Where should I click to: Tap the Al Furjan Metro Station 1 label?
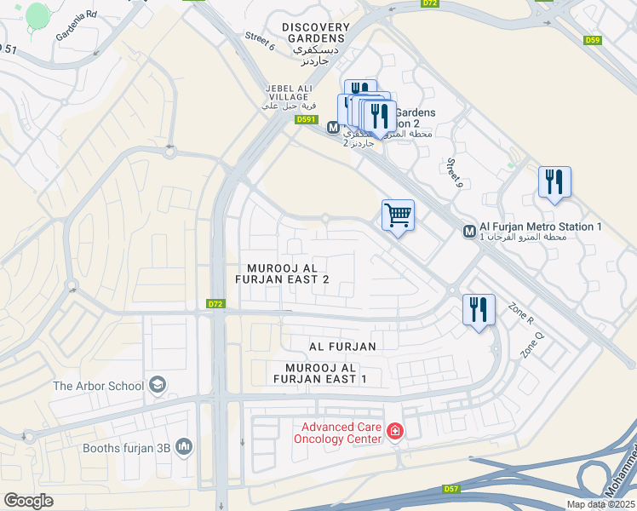pyautogui.click(x=541, y=227)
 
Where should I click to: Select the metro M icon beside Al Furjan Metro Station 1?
pyautogui.click(x=469, y=232)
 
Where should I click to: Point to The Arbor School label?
pyautogui.click(x=98, y=386)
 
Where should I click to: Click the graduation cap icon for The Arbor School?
pyautogui.click(x=158, y=386)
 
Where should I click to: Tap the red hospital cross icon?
pyautogui.click(x=394, y=433)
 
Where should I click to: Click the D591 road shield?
pyautogui.click(x=307, y=120)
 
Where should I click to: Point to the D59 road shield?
pyautogui.click(x=594, y=40)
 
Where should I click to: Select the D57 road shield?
pyautogui.click(x=451, y=489)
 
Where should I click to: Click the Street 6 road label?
pyautogui.click(x=260, y=41)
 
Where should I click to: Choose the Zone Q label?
pyautogui.click(x=532, y=343)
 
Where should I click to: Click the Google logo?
pyautogui.click(x=28, y=501)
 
